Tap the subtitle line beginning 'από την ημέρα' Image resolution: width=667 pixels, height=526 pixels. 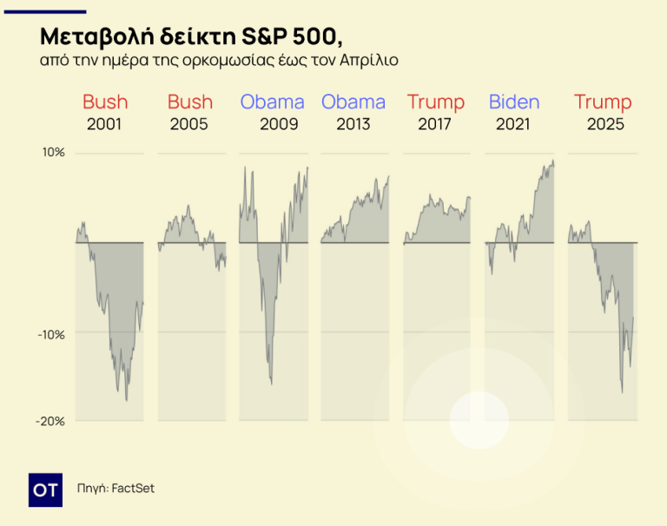point(219,62)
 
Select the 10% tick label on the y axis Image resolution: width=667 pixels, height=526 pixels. point(54,154)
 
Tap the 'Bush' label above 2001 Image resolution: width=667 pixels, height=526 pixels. point(105,102)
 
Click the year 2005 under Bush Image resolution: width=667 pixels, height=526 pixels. point(189,124)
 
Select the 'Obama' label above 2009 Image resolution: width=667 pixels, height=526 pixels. point(273,102)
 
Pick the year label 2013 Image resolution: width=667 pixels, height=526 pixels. point(354,124)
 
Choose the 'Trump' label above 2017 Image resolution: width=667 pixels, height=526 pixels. point(436,102)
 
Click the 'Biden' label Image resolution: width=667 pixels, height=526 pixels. point(514,102)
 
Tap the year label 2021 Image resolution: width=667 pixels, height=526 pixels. point(513,124)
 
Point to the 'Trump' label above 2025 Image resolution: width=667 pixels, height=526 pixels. point(603,102)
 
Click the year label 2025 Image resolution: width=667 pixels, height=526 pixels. point(605,124)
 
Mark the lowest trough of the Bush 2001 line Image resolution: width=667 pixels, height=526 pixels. point(127,400)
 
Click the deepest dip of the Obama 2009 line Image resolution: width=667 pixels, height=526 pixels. point(272,384)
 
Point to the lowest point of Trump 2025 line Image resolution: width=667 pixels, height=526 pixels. point(622,392)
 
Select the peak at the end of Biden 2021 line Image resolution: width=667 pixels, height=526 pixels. point(552,161)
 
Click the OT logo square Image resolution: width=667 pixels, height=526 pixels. point(45,490)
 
